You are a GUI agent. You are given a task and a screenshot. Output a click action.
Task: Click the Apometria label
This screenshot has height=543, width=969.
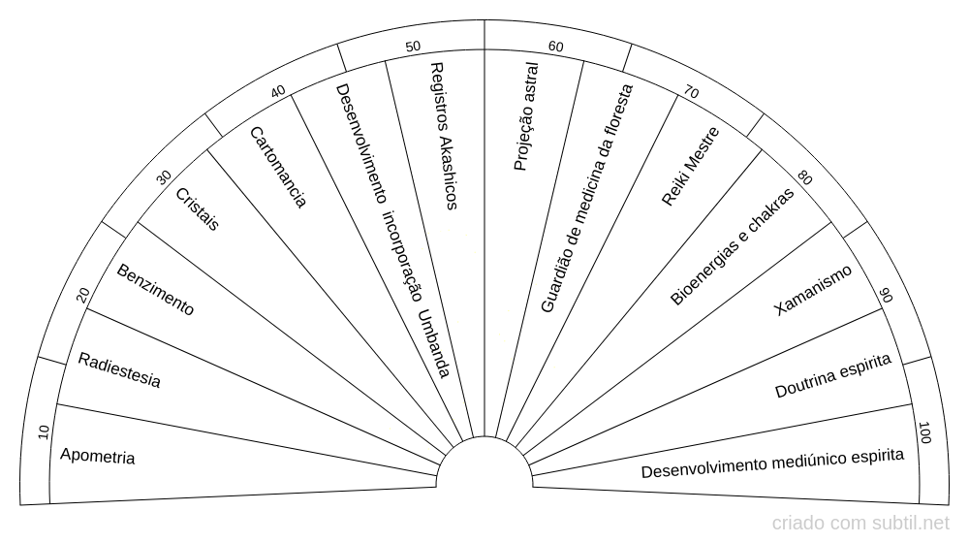(97, 456)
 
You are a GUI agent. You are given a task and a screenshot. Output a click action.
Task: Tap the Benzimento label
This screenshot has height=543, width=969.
(155, 289)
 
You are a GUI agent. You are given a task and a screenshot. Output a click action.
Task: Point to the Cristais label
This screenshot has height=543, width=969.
(198, 209)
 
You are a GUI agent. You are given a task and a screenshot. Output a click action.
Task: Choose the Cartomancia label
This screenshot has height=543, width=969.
(278, 168)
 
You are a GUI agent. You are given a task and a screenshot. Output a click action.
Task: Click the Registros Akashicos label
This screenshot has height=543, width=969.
(442, 137)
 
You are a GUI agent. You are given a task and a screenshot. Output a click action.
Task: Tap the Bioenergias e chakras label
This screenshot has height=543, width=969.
(732, 247)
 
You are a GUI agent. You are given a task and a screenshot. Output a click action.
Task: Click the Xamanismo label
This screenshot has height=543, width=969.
(813, 290)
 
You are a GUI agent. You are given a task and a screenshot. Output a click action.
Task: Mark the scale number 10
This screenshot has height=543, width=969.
(43, 431)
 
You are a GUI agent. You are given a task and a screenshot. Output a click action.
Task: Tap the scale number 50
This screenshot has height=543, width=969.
(413, 47)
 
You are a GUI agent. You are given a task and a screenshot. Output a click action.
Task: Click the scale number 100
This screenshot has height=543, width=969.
(923, 433)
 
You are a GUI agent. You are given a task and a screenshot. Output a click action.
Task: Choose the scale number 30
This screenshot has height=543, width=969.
(165, 176)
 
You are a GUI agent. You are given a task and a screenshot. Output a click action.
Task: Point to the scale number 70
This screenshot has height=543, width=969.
(691, 92)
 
